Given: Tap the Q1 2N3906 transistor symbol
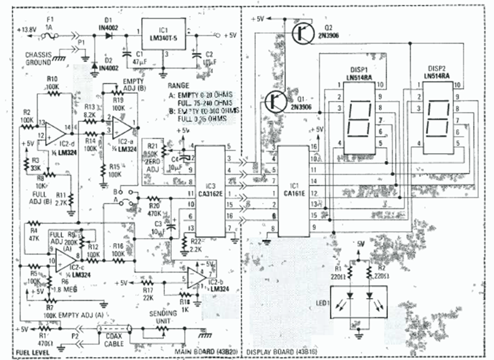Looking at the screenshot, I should tap(275, 100).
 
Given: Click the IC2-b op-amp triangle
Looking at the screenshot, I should tap(197, 278).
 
